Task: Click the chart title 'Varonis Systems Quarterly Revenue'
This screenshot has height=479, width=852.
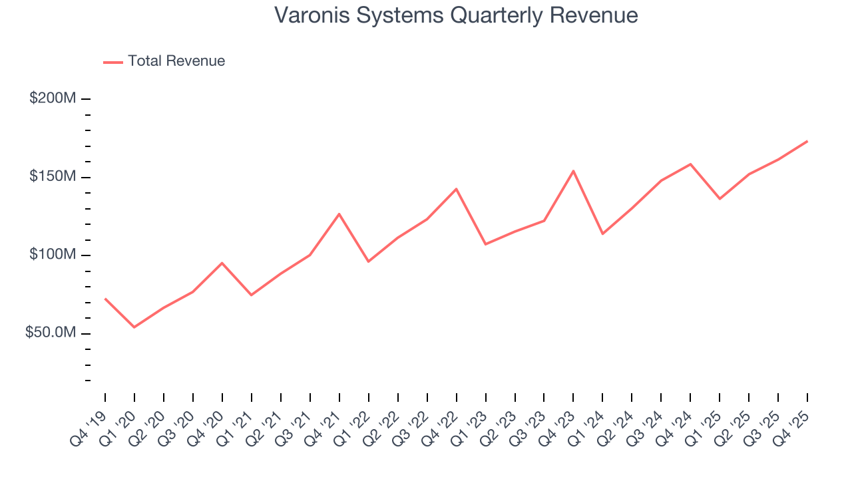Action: pyautogui.click(x=456, y=15)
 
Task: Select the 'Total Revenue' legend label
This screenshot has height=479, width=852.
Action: pyautogui.click(x=176, y=61)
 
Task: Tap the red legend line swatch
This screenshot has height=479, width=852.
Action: pyautogui.click(x=113, y=62)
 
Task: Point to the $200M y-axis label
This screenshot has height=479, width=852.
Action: pyautogui.click(x=53, y=98)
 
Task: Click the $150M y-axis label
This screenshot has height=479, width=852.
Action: pyautogui.click(x=53, y=177)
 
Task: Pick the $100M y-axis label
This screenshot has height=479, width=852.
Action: pyautogui.click(x=53, y=255)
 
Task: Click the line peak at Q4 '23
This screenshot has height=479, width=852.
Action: pyautogui.click(x=573, y=171)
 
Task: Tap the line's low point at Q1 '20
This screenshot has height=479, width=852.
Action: pyautogui.click(x=134, y=327)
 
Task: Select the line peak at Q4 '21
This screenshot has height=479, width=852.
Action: pyautogui.click(x=339, y=214)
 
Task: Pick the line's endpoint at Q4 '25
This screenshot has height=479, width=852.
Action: pyautogui.click(x=807, y=141)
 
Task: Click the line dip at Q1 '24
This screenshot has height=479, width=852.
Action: pyautogui.click(x=602, y=234)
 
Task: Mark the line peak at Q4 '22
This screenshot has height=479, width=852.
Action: pyautogui.click(x=456, y=189)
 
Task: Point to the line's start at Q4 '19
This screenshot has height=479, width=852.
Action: pyautogui.click(x=105, y=299)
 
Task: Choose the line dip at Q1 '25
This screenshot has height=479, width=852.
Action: pyautogui.click(x=720, y=199)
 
